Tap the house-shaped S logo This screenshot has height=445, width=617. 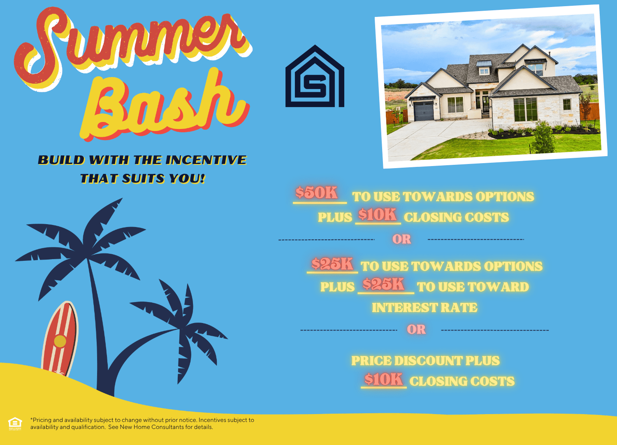coord(315,76)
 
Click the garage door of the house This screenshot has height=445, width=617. coord(424,111)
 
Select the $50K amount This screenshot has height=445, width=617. coord(317,192)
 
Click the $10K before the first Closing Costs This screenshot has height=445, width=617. coord(377,214)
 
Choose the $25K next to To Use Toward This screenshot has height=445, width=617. coord(383,284)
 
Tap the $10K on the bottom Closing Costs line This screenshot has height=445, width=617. coord(383,379)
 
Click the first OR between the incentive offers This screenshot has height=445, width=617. coord(402,239)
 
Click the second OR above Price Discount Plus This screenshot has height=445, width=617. coord(416,329)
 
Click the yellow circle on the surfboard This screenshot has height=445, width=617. coord(60,341)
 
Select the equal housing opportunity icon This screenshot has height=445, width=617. coord(15,424)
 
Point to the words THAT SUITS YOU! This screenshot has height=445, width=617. coord(143,178)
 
